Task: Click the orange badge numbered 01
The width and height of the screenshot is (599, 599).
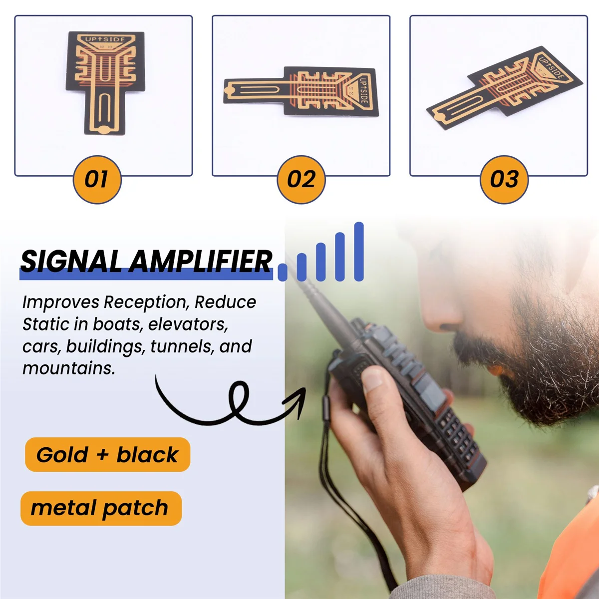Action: (x=97, y=180)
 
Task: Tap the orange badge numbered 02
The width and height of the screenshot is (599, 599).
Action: (x=301, y=180)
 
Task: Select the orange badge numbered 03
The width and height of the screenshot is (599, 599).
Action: (x=504, y=180)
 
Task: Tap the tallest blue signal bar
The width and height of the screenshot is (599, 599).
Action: (x=359, y=252)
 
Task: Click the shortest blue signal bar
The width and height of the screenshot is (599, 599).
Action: (x=283, y=272)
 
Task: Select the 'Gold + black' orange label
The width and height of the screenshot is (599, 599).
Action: (x=107, y=455)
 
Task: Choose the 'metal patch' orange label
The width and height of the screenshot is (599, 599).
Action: (x=100, y=508)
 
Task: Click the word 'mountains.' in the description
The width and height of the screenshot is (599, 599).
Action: (x=68, y=368)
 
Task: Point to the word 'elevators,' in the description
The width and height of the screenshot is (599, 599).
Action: (x=188, y=324)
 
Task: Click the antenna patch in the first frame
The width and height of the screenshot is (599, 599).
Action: (x=105, y=82)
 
